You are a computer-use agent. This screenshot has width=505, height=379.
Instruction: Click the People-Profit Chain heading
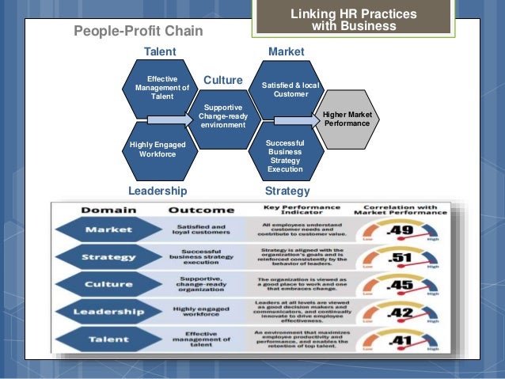coord(139,31)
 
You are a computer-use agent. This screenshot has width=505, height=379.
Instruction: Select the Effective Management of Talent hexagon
coord(162,88)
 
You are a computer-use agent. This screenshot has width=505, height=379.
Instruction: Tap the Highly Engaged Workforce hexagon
coord(158,149)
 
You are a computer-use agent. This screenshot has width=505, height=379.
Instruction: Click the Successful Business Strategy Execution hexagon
coord(285,152)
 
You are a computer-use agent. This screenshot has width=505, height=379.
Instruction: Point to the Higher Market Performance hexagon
coord(341,119)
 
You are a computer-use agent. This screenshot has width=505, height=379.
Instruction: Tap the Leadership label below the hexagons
coord(158,191)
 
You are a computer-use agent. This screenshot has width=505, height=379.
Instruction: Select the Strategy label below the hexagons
coord(287,191)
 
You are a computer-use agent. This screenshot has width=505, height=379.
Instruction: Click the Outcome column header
coord(201,211)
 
